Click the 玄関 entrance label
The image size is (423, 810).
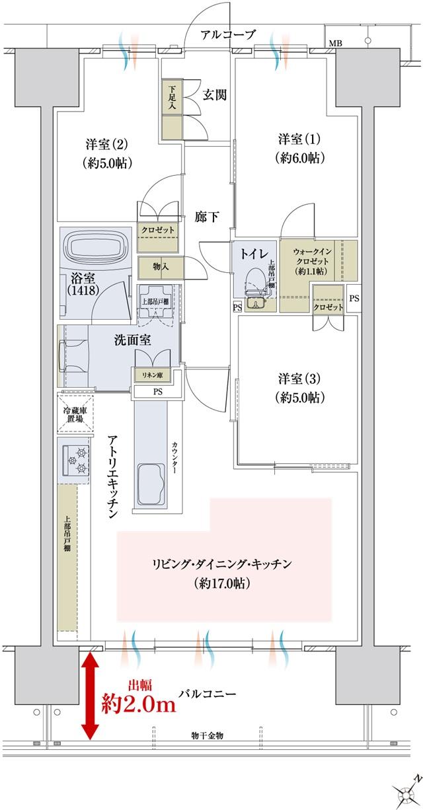point(215,94)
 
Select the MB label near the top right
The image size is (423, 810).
point(336,44)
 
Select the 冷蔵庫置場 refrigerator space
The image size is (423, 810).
point(73,414)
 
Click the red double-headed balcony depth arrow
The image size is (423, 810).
point(90,693)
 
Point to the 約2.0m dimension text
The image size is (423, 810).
point(138,704)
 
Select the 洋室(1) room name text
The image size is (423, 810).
point(299,139)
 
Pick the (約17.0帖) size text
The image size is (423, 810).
point(221,584)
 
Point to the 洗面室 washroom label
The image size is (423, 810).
point(134,341)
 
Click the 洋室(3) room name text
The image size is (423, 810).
point(299,379)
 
